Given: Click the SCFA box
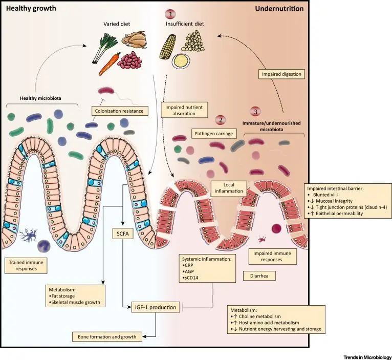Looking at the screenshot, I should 123,236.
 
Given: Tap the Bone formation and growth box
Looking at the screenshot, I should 107,336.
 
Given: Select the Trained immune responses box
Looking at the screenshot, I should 28,265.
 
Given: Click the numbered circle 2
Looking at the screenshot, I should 220,120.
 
